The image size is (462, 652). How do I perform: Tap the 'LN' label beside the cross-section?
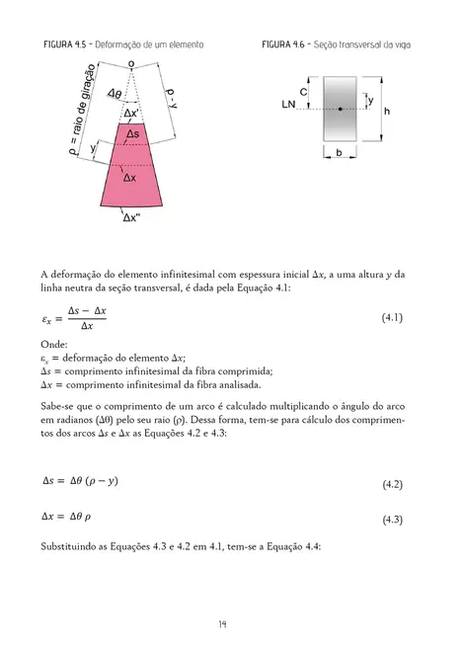(288, 104)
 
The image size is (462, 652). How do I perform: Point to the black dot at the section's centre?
(340, 108)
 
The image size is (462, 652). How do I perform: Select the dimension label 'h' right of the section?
(387, 111)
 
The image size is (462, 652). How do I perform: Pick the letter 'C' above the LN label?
(303, 90)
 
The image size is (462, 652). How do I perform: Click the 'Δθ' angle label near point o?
(115, 94)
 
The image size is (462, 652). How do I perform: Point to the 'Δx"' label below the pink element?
(130, 218)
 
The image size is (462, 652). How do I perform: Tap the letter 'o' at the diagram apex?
(130, 63)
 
